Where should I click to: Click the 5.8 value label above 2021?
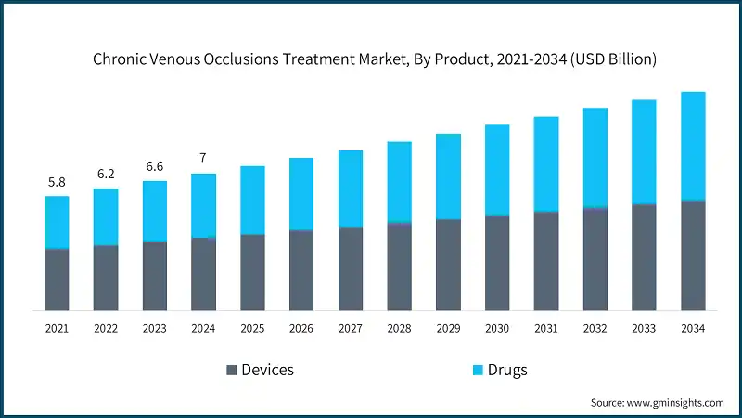click(x=57, y=183)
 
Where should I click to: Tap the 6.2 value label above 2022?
click(x=106, y=175)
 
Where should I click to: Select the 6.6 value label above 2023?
click(x=155, y=167)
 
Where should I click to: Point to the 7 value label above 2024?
click(x=203, y=159)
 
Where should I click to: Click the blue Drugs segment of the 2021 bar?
click(x=57, y=223)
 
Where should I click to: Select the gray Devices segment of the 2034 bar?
click(x=693, y=255)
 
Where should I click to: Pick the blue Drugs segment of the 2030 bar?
click(x=497, y=170)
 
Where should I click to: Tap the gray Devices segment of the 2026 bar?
click(x=301, y=270)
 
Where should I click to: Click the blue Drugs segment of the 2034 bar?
click(x=693, y=146)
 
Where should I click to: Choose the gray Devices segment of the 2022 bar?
click(x=106, y=278)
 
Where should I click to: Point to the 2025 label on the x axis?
click(x=252, y=329)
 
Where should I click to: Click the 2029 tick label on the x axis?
click(x=448, y=329)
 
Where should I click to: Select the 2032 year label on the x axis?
click(x=595, y=329)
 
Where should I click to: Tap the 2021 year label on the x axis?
click(x=57, y=329)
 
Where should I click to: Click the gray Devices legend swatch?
click(x=231, y=371)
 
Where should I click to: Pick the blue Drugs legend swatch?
click(x=477, y=371)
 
